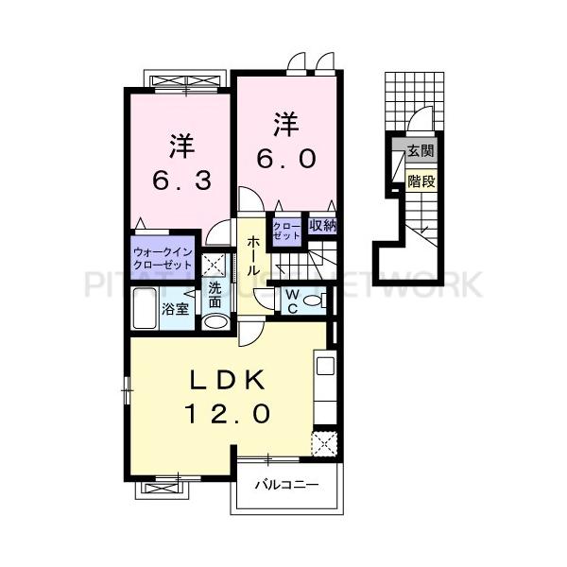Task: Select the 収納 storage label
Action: click(x=322, y=226)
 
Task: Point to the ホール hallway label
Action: click(x=253, y=255)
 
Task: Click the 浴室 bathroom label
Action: click(x=174, y=309)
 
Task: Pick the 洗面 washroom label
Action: click(x=215, y=296)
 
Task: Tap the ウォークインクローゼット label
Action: click(x=163, y=259)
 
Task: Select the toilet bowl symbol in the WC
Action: click(x=318, y=301)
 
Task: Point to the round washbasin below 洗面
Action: click(x=215, y=322)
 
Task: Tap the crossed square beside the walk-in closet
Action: click(x=214, y=264)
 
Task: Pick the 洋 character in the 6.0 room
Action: click(x=286, y=122)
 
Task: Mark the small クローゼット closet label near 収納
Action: click(x=285, y=231)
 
